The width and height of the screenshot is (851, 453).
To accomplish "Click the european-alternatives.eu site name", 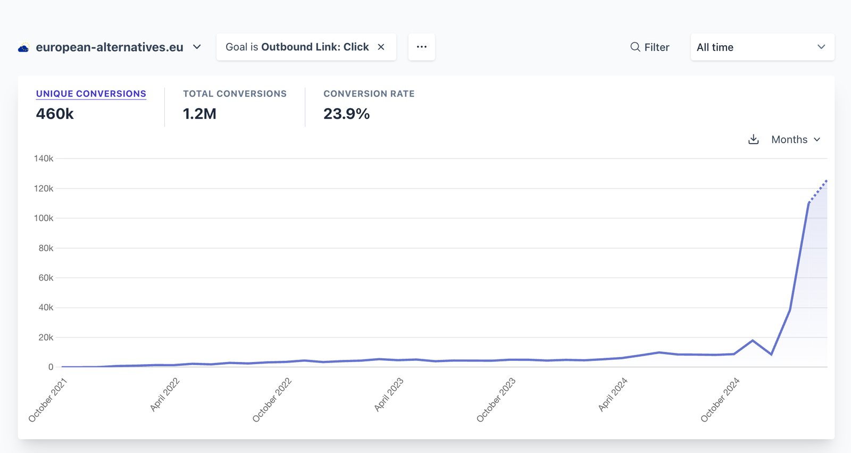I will (x=110, y=47).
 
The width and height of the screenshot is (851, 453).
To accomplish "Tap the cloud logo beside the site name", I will (x=23, y=48).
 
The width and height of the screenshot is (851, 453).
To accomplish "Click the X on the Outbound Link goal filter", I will (x=381, y=47).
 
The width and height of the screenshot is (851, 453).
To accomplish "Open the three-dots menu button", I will (x=421, y=47).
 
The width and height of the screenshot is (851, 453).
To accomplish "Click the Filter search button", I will (x=649, y=47).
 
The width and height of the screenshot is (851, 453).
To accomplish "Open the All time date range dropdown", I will (x=762, y=47).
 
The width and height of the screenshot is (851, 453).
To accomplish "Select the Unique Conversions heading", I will (x=91, y=94).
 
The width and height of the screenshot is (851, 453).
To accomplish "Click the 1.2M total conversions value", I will (x=199, y=114).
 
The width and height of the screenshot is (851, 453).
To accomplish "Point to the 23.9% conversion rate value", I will (x=346, y=114).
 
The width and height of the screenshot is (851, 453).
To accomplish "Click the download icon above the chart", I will (x=753, y=139).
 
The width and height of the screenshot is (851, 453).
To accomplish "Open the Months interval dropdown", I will (x=796, y=139).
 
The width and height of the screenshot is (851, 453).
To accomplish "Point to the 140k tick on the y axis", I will (x=44, y=159).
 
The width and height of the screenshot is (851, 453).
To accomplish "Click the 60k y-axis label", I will (x=46, y=278).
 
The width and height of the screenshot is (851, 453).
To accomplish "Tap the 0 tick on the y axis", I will (x=51, y=367).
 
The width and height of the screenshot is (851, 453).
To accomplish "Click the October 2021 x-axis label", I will (x=48, y=400).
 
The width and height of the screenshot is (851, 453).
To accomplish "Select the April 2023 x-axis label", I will (x=389, y=395).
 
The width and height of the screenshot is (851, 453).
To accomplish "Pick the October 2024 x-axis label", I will (x=720, y=400).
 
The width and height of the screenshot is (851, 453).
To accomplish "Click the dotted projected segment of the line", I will (x=818, y=191).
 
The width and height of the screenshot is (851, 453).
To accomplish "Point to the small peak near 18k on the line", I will (x=753, y=341).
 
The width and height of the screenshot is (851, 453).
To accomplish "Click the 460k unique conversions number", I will (x=55, y=114).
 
